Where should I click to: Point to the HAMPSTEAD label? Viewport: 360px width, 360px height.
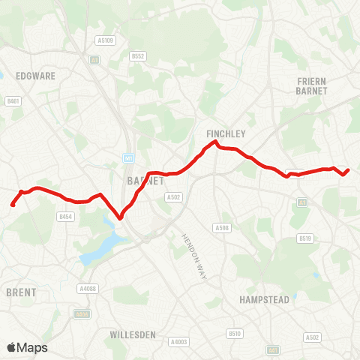264,298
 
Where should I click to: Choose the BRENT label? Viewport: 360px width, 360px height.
20,292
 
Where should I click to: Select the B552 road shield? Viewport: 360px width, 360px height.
136,55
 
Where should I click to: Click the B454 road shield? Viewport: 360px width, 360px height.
65,216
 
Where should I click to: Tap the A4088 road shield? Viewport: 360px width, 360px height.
88,288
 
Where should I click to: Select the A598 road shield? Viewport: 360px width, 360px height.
221,228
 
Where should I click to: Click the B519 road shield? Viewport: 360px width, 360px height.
304,238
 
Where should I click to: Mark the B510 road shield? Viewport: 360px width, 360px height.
235,333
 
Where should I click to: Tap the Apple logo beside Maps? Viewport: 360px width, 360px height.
13,347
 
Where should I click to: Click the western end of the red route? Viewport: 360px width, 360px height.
12,205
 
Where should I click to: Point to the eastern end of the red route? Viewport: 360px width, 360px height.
349,169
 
